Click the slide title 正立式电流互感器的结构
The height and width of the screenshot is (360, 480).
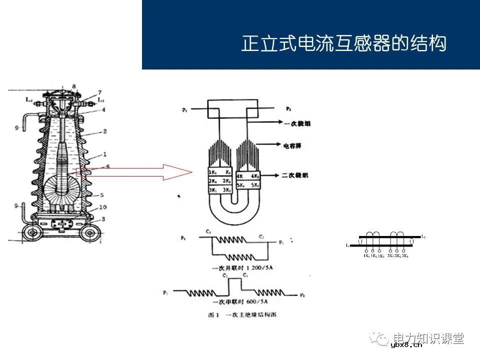[x=343, y=43]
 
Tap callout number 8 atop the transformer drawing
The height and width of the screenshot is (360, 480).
[x=74, y=86]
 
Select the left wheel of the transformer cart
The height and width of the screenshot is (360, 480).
[x=32, y=233]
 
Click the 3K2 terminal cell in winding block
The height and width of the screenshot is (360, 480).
[x=227, y=190]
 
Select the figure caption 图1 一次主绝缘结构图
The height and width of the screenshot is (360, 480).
[x=242, y=315]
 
